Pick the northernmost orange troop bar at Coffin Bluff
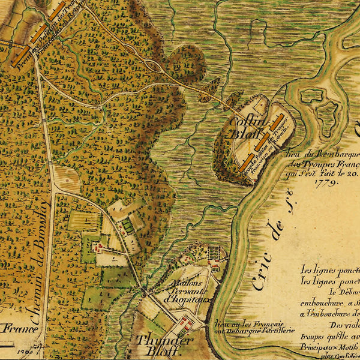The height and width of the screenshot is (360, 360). [277, 124]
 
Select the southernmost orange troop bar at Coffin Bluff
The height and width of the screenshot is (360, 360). [245, 162]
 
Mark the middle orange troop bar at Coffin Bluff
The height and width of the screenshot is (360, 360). [262, 142]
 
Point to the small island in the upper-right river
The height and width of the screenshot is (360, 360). [312, 95]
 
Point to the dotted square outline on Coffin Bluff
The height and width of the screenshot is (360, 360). [259, 105]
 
